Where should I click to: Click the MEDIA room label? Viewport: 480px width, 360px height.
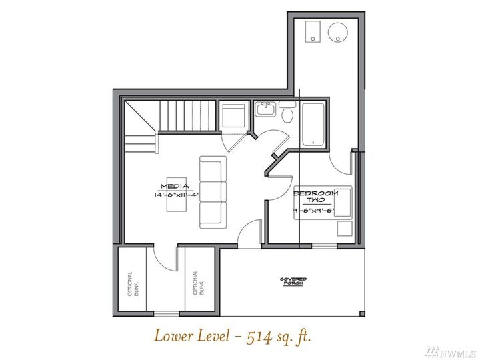tap(175, 186)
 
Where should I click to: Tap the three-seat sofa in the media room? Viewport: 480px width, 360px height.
tap(213, 192)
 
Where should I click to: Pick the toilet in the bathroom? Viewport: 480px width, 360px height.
tap(287, 113)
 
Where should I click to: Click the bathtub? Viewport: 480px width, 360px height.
tap(312, 125)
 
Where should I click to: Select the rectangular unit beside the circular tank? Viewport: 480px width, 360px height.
tap(311, 31)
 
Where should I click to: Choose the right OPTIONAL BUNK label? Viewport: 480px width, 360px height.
tap(195, 283)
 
